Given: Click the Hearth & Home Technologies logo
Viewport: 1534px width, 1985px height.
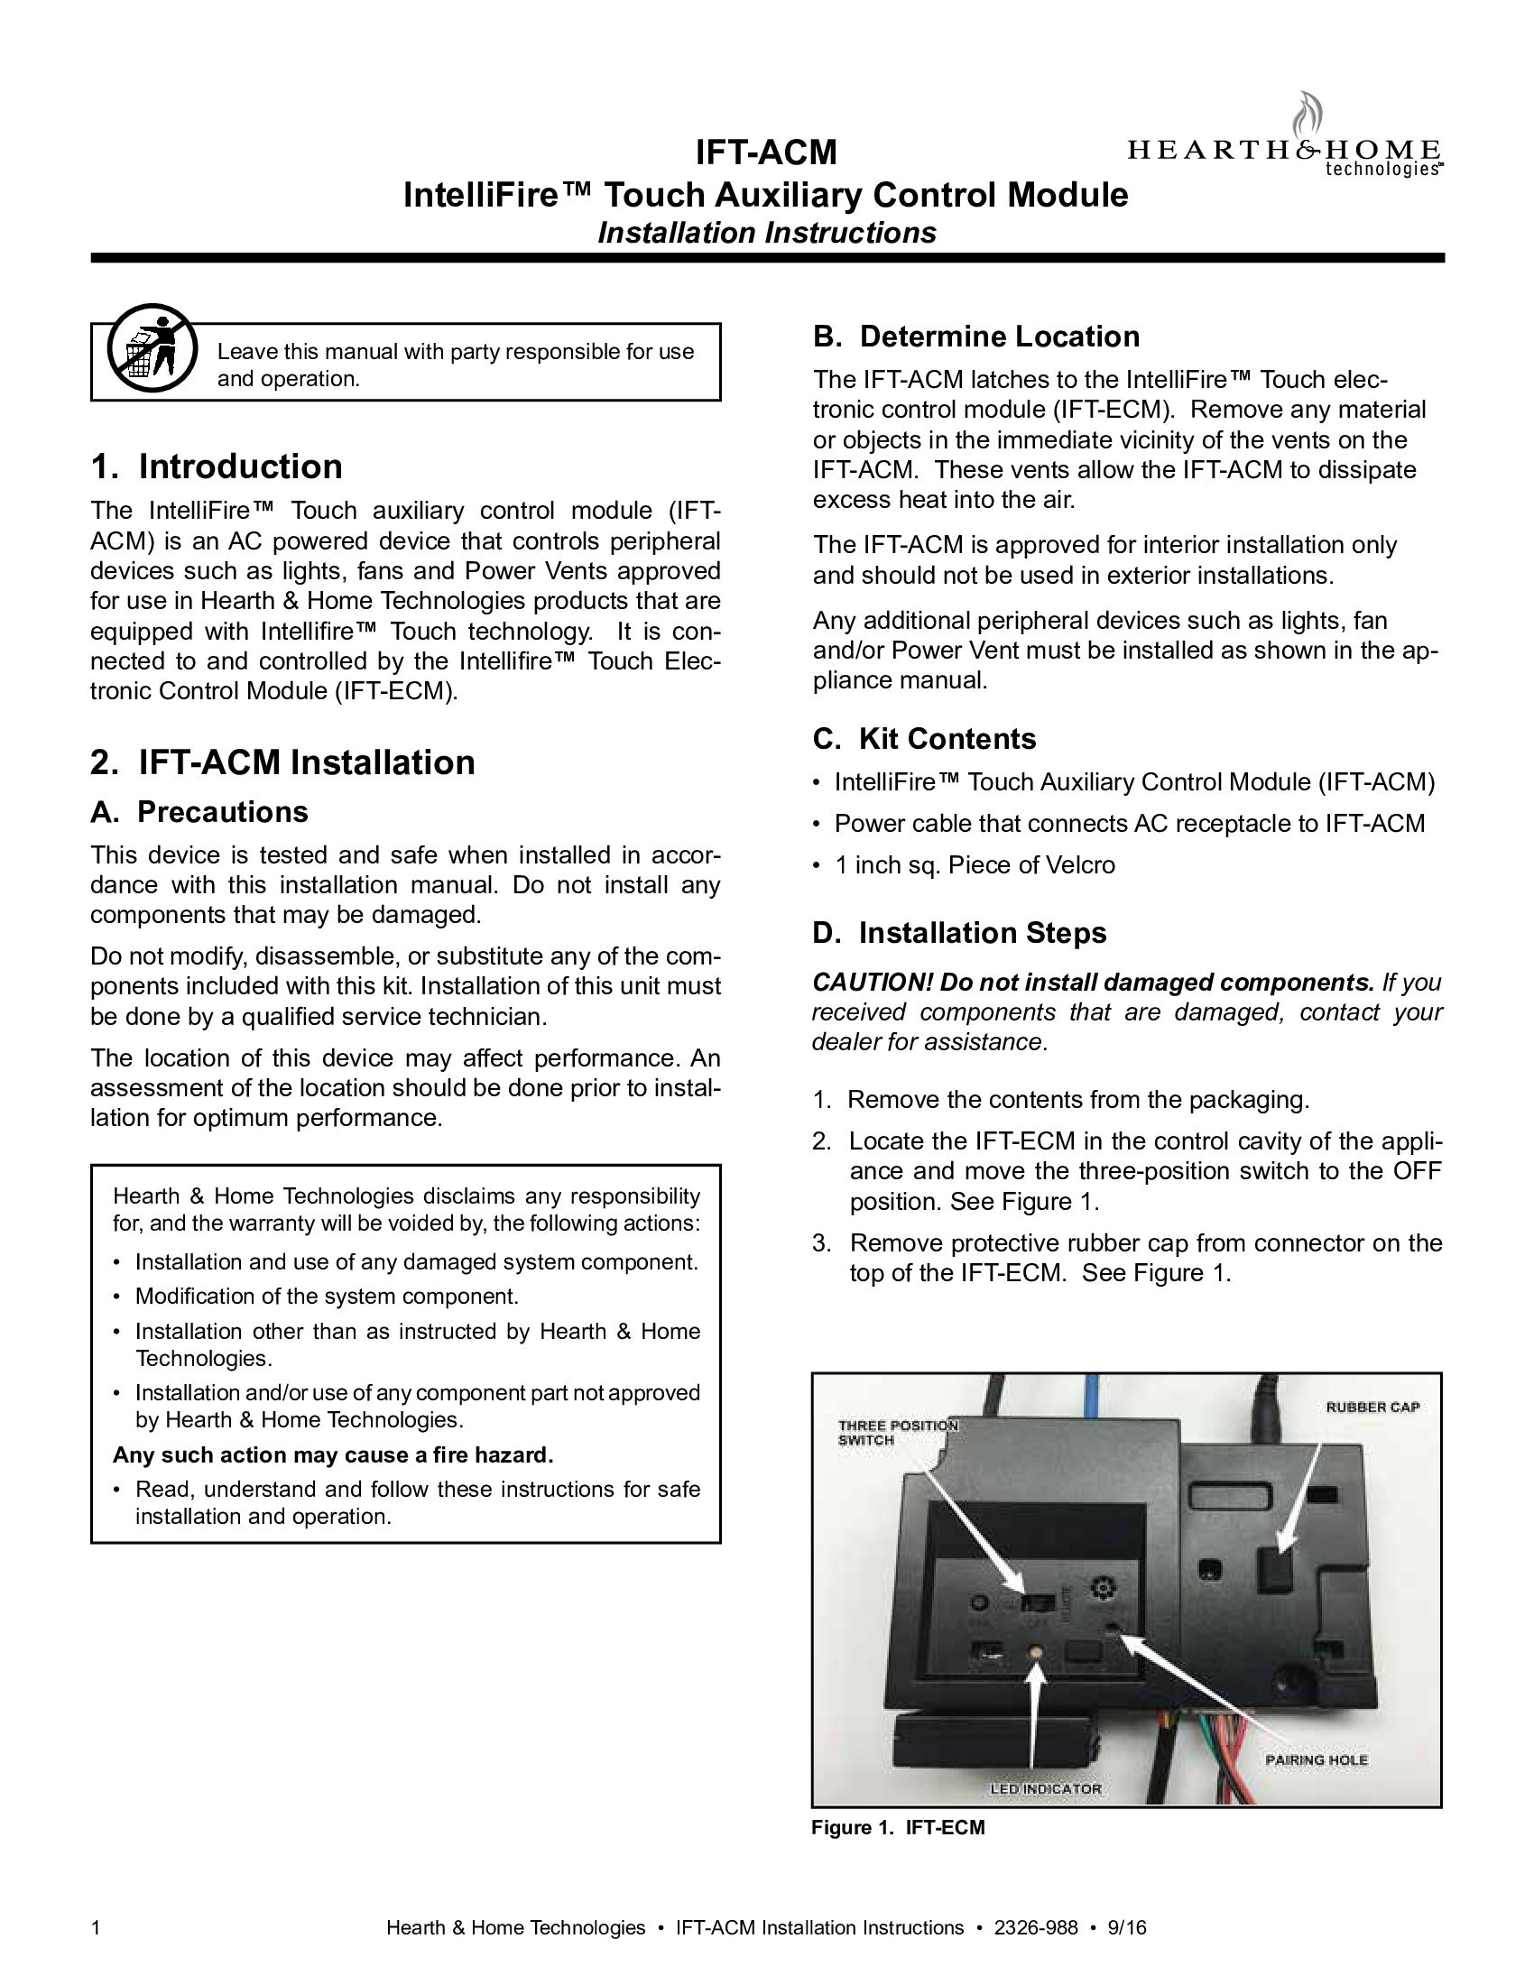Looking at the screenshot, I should pos(1283,145).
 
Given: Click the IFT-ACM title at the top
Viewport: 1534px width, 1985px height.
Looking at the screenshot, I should pos(766,152).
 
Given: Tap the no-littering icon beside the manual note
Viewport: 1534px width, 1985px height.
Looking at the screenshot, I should pos(151,347).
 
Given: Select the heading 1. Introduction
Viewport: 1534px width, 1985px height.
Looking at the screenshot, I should pos(217,466).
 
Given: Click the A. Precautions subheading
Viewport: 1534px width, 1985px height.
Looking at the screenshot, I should pos(199,811).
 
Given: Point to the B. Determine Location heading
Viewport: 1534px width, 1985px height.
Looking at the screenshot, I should pos(976,337).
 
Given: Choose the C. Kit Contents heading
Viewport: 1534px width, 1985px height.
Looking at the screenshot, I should pos(924,738).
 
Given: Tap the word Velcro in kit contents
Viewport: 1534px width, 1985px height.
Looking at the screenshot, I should pos(1078,864).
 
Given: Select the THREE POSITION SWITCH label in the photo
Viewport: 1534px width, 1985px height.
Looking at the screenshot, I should pos(896,1433).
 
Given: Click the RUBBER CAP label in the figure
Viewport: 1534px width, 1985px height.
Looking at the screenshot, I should pos(1372,1408).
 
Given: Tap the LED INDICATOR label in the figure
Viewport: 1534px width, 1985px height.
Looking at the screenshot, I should pos(1045,1788).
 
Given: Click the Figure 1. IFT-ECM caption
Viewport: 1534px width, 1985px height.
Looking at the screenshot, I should pos(898,1828).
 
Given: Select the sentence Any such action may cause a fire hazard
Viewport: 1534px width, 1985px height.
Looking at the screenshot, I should pos(333,1455).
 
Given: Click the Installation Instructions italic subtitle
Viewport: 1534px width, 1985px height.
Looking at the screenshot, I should pos(766,233).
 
